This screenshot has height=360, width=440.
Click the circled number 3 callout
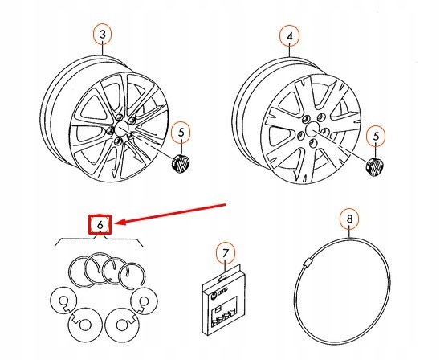pyautogui.click(x=103, y=35)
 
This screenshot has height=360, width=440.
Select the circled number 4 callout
pyautogui.click(x=290, y=36)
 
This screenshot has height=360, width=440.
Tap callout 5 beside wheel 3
pyautogui.click(x=181, y=133)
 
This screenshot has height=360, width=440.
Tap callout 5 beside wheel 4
pyautogui.click(x=376, y=136)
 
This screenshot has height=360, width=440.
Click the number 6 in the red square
pyautogui.click(x=100, y=225)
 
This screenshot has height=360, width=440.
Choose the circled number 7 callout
pyautogui.click(x=226, y=254)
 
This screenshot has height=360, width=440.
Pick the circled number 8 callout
pyautogui.click(x=349, y=219)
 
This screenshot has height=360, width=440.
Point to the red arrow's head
pyautogui.click(x=116, y=223)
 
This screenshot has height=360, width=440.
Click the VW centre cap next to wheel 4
pyautogui.click(x=374, y=167)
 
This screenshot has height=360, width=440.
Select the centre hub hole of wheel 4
pyautogui.click(x=312, y=129)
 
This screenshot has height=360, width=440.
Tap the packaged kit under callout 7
pyautogui.click(x=225, y=299)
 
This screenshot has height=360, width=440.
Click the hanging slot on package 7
pyautogui.click(x=222, y=278)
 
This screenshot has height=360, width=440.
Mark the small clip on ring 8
pyautogui.click(x=307, y=263)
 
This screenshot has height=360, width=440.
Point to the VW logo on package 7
pyautogui.click(x=214, y=296)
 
